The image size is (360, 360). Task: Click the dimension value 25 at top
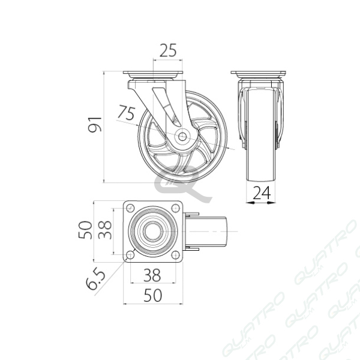pyautogui.click(x=168, y=50)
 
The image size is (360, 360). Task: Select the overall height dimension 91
pyautogui.click(x=95, y=124)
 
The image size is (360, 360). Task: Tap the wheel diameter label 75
pyautogui.click(x=126, y=112)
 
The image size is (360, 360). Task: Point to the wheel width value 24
pyautogui.click(x=262, y=193)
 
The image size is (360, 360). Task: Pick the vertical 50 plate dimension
pyautogui.click(x=85, y=230)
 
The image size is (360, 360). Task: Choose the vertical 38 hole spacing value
pyautogui.click(x=105, y=230)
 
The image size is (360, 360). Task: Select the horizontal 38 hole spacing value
pyautogui.click(x=152, y=275)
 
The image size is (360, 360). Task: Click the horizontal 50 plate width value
pyautogui.click(x=152, y=295)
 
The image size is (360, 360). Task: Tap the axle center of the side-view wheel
pyautogui.click(x=182, y=137)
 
